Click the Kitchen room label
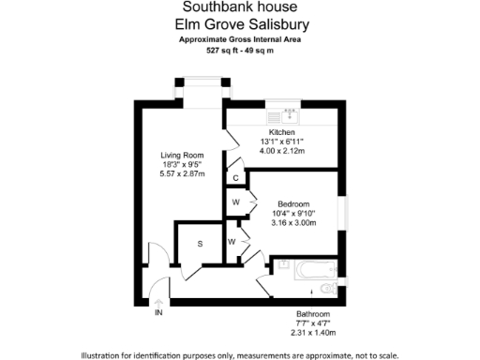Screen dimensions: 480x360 click(x=281, y=133)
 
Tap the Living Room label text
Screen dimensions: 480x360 click(x=181, y=156)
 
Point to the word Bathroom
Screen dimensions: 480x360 click(x=313, y=314)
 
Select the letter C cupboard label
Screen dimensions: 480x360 click(x=235, y=177)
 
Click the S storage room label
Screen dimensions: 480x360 click(x=200, y=244)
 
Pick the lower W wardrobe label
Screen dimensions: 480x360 click(x=232, y=242)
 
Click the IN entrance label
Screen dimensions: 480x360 click(x=158, y=312)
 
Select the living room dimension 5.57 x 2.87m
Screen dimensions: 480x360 click(x=181, y=174)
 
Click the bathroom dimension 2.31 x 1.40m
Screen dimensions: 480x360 click(x=313, y=333)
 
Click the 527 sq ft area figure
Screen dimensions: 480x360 click(x=221, y=52)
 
